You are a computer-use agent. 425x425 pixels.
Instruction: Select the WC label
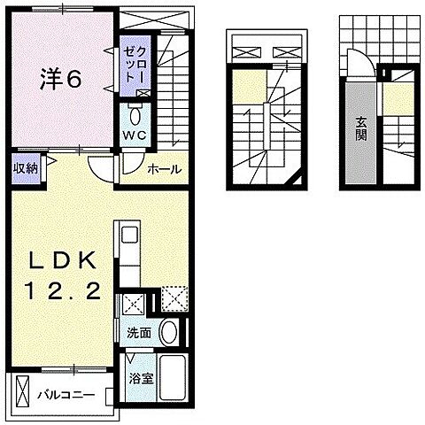[x=135, y=135]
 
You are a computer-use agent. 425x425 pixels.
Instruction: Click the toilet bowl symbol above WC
[x=135, y=116]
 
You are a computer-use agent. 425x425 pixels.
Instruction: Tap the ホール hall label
[x=164, y=168]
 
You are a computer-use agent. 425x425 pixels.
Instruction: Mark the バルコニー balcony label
[x=65, y=392]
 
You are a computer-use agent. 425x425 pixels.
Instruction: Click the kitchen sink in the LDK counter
[x=129, y=237]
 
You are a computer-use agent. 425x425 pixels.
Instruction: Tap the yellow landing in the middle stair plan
[x=251, y=88]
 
